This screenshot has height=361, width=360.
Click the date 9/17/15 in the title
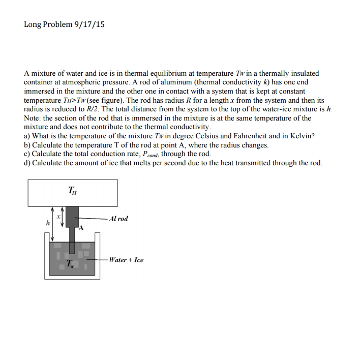[89, 24]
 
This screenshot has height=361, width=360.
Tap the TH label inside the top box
[73, 191]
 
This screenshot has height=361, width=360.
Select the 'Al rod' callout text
[118, 219]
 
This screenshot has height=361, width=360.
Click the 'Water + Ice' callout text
[127, 260]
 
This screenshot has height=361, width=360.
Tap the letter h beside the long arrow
[48, 222]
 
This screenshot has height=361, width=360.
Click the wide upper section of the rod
[72, 216]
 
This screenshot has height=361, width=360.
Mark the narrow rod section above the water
[72, 235]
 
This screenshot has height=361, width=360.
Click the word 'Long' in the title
[33, 24]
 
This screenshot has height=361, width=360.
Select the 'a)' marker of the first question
[27, 136]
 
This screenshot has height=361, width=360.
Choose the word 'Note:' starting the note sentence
[33, 118]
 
